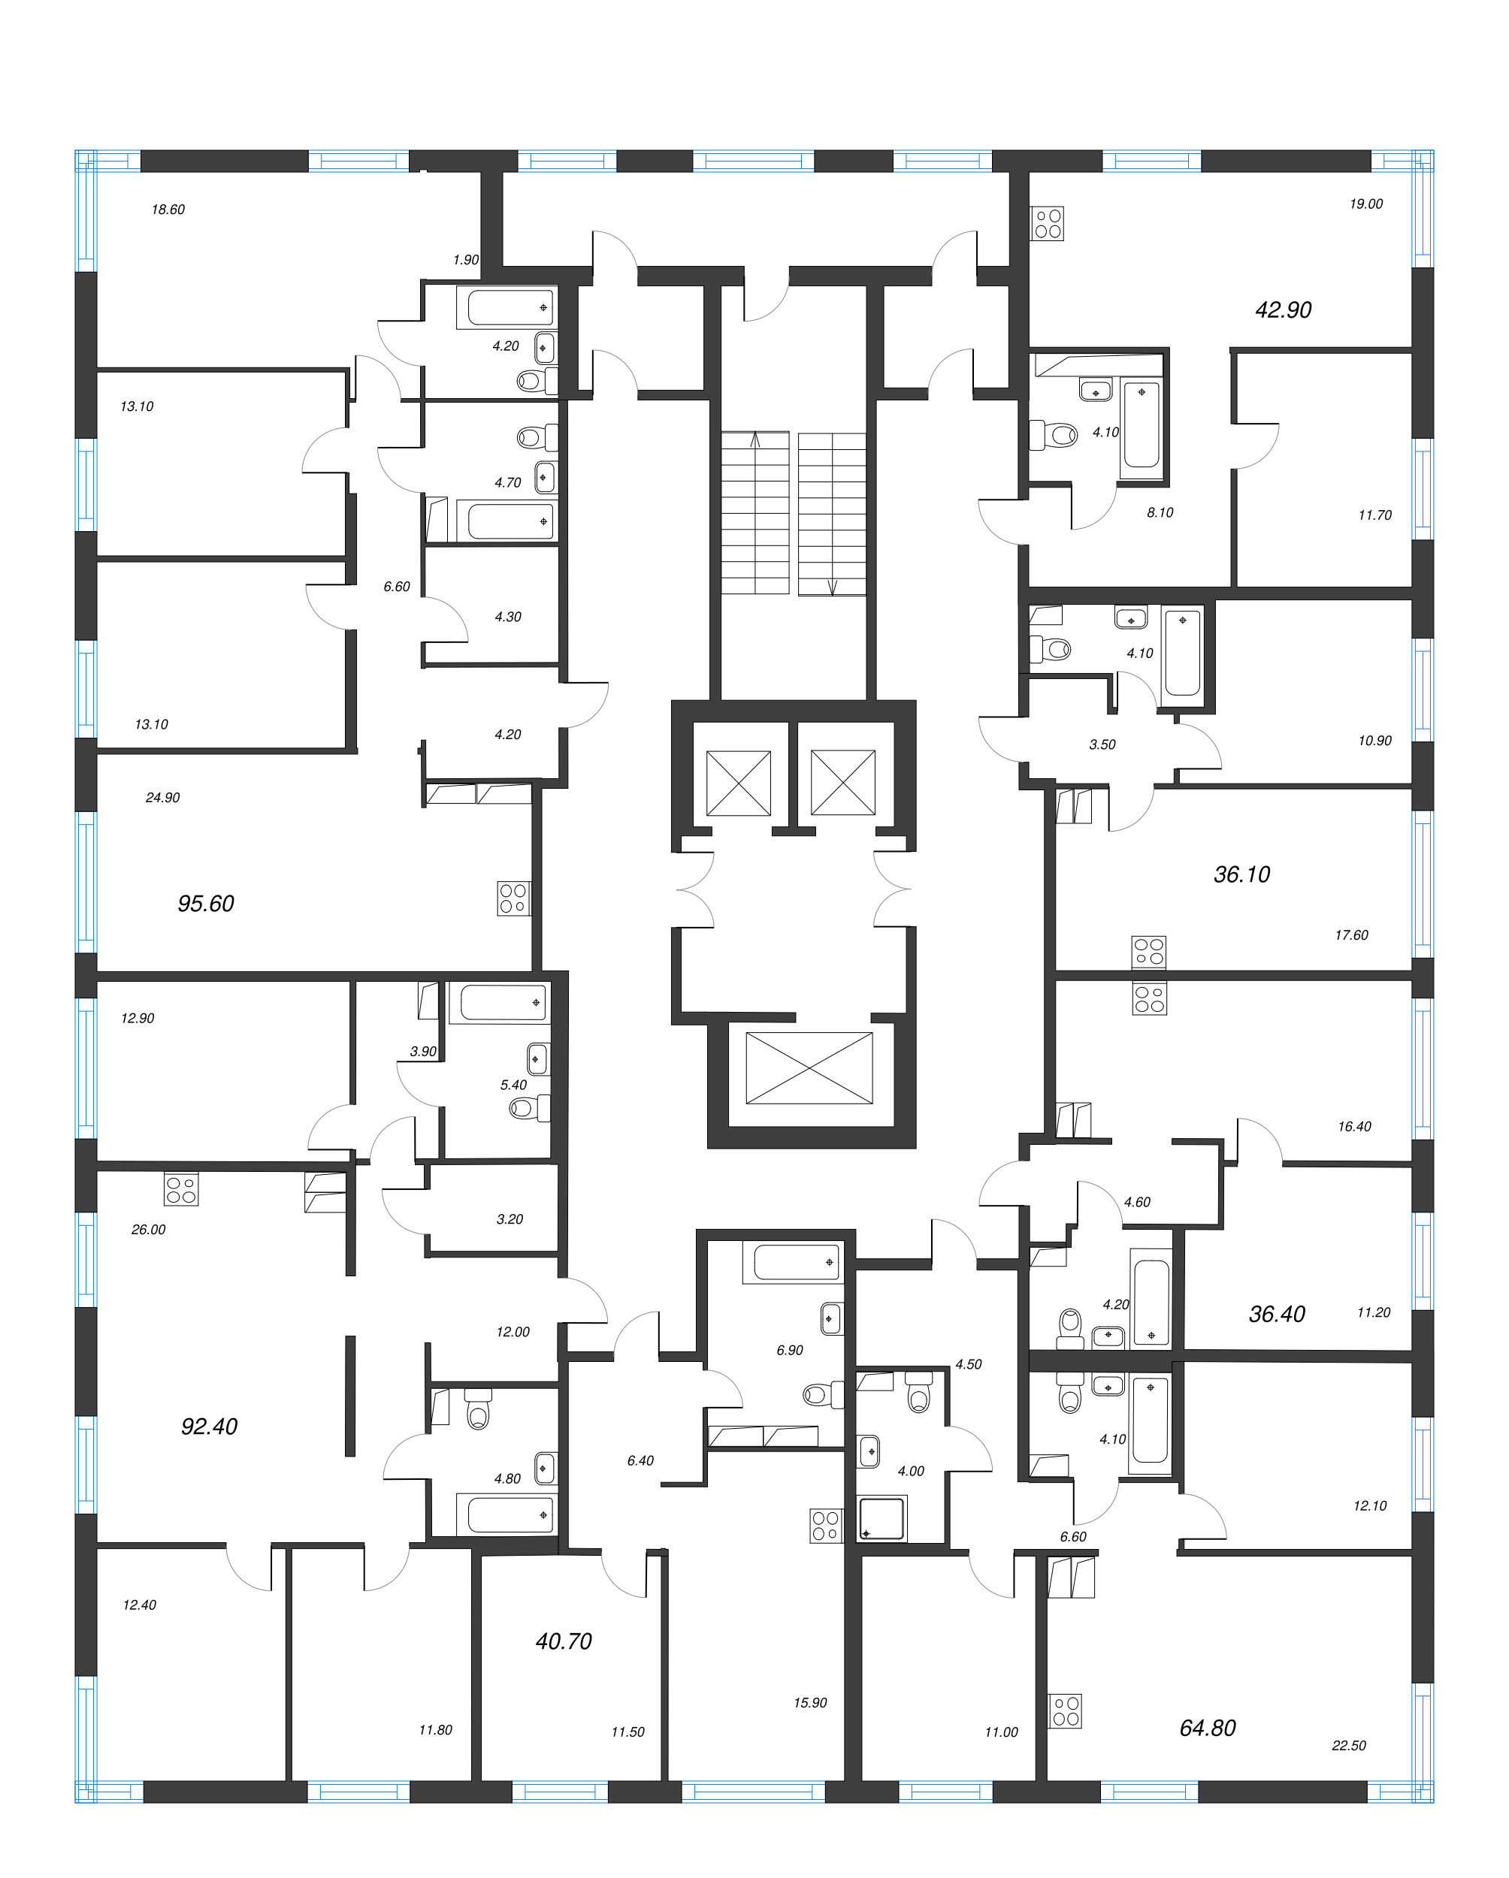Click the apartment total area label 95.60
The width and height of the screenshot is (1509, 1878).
(206, 903)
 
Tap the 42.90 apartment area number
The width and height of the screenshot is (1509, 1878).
(1283, 309)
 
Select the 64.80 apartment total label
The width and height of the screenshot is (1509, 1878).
(1207, 1727)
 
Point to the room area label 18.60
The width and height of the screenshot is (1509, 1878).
(168, 209)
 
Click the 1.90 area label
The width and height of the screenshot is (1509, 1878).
(465, 260)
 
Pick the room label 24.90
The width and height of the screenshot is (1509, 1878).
(163, 797)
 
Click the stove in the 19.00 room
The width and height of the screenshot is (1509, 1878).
(1048, 223)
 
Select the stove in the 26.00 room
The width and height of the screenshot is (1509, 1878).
(181, 1190)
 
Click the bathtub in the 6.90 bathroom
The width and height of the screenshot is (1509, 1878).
(794, 1261)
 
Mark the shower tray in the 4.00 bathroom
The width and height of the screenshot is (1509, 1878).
(882, 1518)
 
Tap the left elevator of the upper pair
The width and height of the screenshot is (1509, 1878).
(738, 783)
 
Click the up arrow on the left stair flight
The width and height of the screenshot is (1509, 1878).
(755, 440)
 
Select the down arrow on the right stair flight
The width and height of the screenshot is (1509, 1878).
(832, 586)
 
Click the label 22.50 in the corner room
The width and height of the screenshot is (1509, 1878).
(1348, 1745)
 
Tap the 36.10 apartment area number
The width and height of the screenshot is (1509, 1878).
(1241, 874)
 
